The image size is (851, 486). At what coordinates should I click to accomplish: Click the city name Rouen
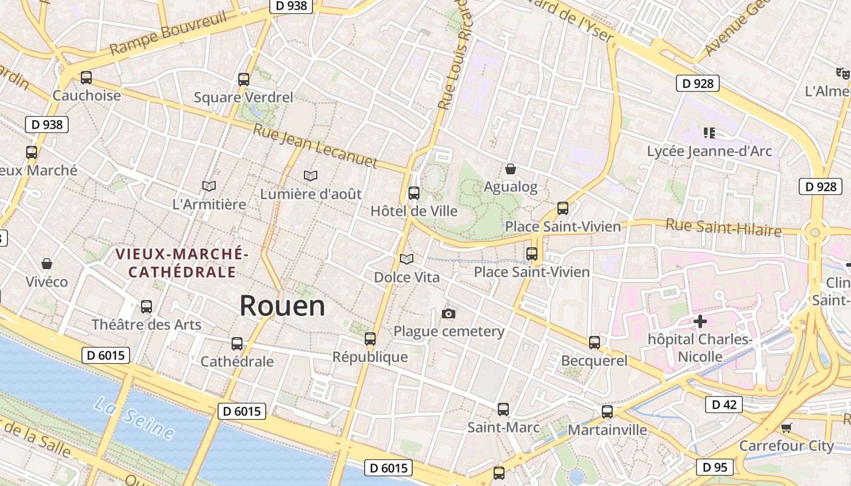[282, 306]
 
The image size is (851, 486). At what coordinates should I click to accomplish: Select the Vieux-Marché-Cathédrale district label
[182, 262]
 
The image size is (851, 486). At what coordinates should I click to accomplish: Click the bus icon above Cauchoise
[86, 78]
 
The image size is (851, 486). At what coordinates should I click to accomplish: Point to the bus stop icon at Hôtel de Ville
[414, 193]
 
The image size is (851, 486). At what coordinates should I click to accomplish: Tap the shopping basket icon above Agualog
[511, 169]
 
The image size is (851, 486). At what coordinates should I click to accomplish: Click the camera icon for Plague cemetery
[449, 313]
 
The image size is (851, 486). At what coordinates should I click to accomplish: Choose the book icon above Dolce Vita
[407, 259]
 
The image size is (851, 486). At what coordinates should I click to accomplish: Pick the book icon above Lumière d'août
[311, 176]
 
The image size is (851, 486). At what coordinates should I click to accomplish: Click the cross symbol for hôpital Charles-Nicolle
[700, 321]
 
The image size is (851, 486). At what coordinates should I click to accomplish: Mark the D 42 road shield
[723, 405]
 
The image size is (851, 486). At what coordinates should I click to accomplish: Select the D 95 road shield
[714, 467]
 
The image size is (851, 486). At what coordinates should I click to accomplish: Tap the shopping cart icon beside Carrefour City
[786, 428]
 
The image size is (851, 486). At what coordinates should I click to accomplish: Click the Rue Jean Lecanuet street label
[315, 146]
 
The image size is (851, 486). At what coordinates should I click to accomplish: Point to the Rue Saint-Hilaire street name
[723, 228]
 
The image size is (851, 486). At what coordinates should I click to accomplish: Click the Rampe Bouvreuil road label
[168, 33]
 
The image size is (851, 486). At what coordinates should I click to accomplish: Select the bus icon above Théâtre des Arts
[146, 307]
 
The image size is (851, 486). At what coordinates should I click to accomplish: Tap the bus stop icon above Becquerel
[594, 343]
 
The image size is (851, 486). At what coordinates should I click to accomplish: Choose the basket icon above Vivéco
[47, 264]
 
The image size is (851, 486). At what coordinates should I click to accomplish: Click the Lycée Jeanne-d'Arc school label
[709, 151]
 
